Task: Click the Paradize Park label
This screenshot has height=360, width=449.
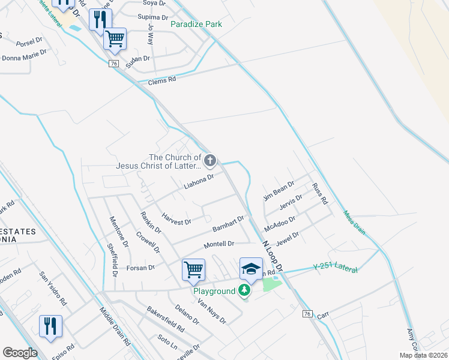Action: (x=196, y=25)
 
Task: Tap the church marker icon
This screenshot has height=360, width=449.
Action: (x=209, y=160)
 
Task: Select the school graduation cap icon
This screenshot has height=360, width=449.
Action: (x=251, y=268)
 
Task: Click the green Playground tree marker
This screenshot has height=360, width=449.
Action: (x=244, y=291)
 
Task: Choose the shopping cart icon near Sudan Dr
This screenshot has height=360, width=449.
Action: (x=114, y=39)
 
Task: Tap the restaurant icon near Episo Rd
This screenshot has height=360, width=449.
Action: (x=50, y=326)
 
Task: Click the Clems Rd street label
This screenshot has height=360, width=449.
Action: (x=163, y=79)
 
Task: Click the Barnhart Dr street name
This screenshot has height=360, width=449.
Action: (x=228, y=224)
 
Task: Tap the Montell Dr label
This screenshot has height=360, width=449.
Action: (x=218, y=244)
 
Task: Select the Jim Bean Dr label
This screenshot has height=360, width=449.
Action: (x=279, y=191)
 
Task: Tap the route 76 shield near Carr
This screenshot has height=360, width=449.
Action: (x=307, y=314)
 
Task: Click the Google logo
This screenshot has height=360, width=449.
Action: (x=20, y=353)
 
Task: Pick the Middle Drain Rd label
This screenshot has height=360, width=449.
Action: (x=115, y=328)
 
